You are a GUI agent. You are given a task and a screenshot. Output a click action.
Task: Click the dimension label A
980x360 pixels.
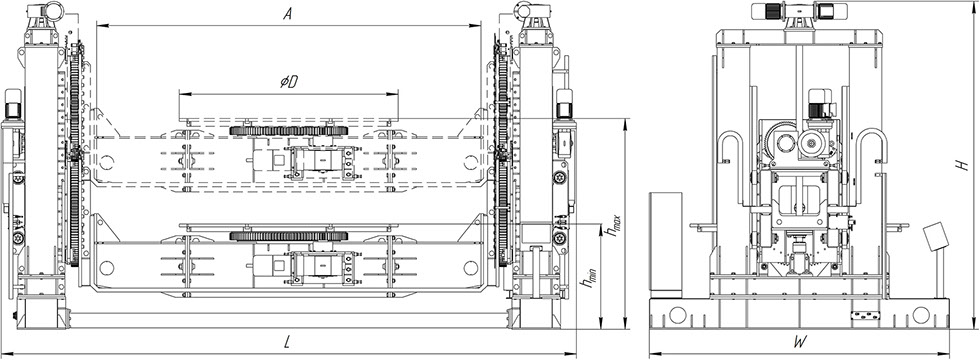point(288,14)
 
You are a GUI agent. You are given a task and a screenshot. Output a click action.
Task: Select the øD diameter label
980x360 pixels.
point(288,82)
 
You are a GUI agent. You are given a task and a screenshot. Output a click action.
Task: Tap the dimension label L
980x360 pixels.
point(287,341)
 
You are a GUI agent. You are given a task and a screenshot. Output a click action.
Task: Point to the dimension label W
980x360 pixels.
point(799,342)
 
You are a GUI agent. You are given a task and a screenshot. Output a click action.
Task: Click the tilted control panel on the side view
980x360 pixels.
point(936,236)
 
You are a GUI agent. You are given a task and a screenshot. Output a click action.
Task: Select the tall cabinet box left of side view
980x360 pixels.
point(666,244)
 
